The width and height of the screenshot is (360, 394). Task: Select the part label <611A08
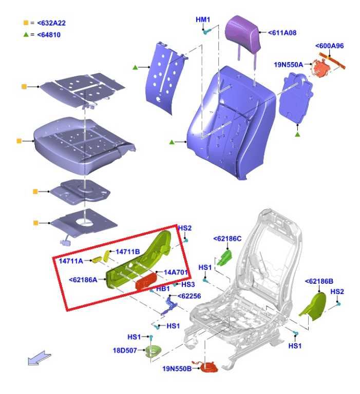click(x=282, y=33)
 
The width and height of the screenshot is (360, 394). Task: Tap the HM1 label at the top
click(x=203, y=19)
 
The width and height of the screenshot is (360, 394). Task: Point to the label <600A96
click(x=329, y=46)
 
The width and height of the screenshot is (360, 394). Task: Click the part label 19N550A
click(x=288, y=65)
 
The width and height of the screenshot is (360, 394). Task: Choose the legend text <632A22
click(x=51, y=23)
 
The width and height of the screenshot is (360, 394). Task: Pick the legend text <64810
click(x=49, y=35)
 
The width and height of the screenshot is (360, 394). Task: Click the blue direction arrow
click(x=39, y=358)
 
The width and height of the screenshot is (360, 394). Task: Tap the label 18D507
click(x=125, y=350)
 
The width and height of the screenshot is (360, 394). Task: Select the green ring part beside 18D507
click(x=154, y=351)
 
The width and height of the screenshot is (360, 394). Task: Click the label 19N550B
click(x=177, y=369)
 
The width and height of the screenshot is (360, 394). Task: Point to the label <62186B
click(x=319, y=281)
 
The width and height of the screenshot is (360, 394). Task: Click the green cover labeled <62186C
click(x=224, y=258)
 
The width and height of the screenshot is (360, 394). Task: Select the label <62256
click(x=189, y=296)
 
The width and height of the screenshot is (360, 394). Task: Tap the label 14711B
click(x=127, y=251)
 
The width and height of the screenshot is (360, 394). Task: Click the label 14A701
click(x=176, y=272)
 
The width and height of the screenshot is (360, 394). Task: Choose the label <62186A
click(x=83, y=280)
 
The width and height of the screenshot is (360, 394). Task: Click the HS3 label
click(x=188, y=284)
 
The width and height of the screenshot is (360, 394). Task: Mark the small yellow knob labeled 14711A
click(x=97, y=259)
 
